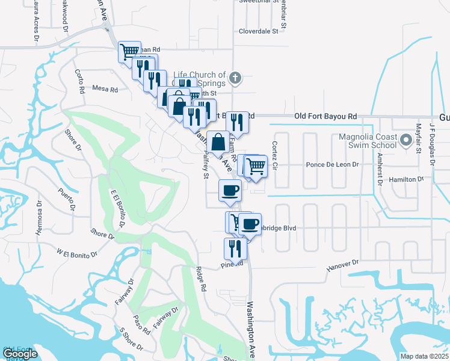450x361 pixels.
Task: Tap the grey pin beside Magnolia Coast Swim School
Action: coord(405,141)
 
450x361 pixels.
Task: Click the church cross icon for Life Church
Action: coord(236,77)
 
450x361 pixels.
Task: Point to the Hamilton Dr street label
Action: coord(407,179)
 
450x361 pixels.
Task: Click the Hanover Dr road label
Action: coord(342,264)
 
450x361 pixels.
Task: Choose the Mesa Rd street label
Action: coord(104,89)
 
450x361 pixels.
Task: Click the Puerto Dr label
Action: coord(65,199)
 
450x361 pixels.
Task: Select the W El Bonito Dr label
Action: coord(77,253)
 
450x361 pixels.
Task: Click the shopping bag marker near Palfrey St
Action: coord(217,144)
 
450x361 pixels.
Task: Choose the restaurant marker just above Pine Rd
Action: coord(235,248)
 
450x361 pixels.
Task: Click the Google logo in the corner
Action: coord(20,354)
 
